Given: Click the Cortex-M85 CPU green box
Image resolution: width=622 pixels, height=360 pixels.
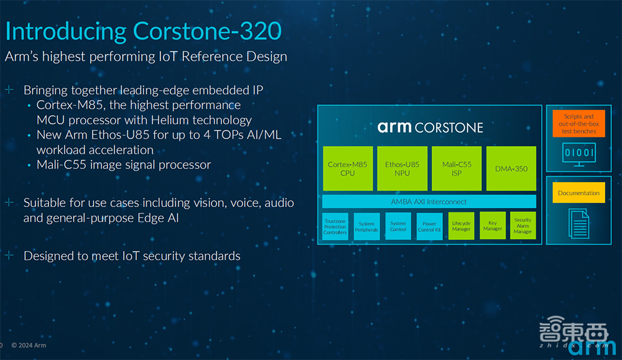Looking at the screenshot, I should [348, 168].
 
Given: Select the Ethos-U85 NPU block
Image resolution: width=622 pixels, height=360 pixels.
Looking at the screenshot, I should [402, 168].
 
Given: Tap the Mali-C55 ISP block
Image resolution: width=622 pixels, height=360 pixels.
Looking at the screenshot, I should [457, 168].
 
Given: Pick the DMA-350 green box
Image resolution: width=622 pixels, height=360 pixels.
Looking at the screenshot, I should [511, 168].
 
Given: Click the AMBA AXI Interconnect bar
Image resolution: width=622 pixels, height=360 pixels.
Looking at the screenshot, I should [429, 201].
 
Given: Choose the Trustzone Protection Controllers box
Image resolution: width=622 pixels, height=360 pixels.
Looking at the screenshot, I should [335, 227].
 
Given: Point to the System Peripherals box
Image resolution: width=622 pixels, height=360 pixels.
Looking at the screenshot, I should [367, 227].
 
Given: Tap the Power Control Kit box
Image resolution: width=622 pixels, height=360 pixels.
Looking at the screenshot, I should [430, 227].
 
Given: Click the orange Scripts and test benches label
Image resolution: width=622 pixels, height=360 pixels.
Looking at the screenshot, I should [578, 124].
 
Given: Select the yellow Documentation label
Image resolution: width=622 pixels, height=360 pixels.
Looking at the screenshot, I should [578, 193].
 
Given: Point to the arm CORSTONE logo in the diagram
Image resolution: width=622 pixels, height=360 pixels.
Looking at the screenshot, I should [430, 127].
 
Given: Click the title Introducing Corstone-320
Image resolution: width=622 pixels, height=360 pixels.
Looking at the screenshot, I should [144, 32].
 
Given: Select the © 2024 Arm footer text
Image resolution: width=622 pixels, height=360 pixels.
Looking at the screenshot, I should [28, 346].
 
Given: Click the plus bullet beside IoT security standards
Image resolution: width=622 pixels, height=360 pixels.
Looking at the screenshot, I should [9, 256].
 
